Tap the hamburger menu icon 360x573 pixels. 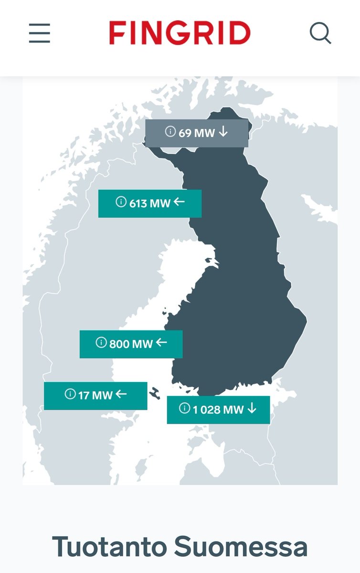click(40, 33)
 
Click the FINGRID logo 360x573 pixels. click(180, 33)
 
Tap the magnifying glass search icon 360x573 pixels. click(320, 33)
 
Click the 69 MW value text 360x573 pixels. click(197, 133)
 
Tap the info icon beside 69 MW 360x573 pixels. click(170, 131)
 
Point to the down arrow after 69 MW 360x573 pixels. click(223, 132)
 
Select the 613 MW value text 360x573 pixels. click(150, 203)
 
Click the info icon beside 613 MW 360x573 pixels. click(121, 202)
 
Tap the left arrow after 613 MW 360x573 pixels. click(179, 202)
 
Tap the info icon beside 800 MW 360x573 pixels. click(101, 342)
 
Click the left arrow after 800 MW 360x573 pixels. click(161, 342)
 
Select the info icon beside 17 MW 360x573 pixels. click(70, 394)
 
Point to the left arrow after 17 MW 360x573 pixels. click(121, 394)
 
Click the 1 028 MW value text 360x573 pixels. click(218, 409)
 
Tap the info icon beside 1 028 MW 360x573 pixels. click(185, 408)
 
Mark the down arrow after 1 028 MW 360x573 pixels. click(252, 408)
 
